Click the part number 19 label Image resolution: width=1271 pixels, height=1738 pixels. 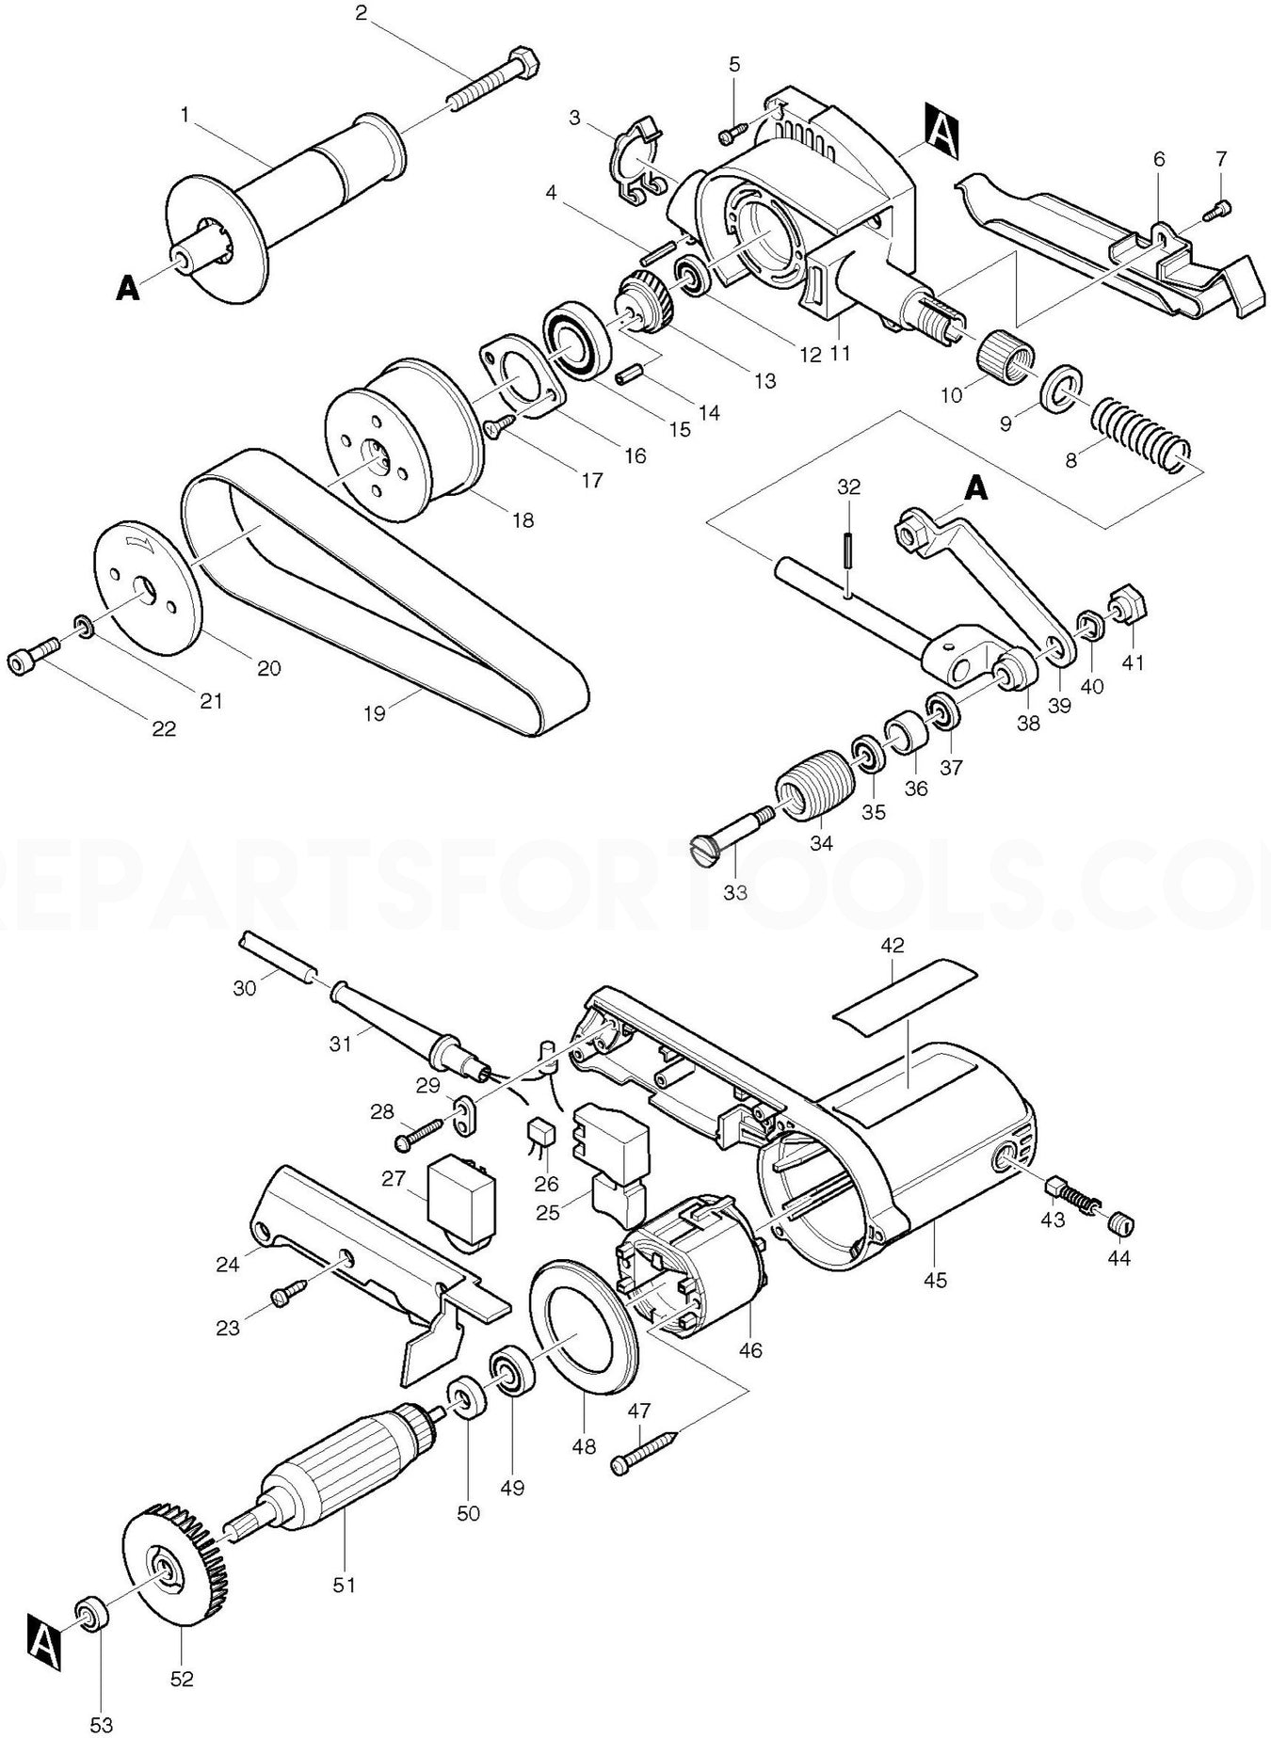pos(375,713)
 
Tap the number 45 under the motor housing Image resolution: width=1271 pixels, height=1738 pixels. pos(935,1280)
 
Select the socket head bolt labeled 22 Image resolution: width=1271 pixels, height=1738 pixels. pos(34,656)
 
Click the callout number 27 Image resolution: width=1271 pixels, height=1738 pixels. pos(393,1178)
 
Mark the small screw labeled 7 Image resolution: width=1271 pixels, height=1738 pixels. pos(1220,206)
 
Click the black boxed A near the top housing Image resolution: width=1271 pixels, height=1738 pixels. pos(944,130)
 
